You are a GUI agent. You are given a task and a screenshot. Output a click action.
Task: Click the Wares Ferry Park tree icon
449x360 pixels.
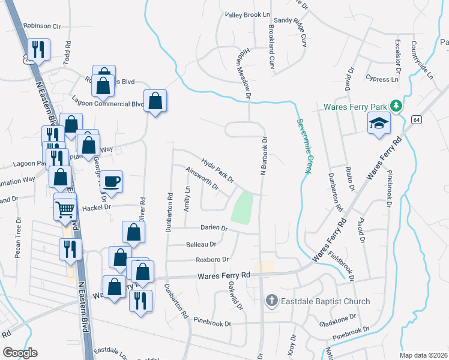pyautogui.click(x=396, y=106)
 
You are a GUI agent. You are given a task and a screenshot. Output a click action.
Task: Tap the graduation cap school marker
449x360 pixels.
pyautogui.click(x=378, y=124)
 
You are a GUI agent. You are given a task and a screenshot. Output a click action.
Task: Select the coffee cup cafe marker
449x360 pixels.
pyautogui.click(x=111, y=181)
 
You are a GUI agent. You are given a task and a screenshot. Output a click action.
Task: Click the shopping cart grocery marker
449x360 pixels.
pyautogui.click(x=65, y=209)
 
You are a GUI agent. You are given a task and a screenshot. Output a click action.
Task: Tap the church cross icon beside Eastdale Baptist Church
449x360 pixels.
pyautogui.click(x=271, y=301)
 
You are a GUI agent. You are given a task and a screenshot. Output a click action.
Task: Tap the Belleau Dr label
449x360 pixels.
pyautogui.click(x=201, y=244)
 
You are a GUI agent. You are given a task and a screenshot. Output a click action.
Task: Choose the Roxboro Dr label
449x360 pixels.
pyautogui.click(x=212, y=259)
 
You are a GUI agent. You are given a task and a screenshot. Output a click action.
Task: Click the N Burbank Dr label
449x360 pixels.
pyautogui.click(x=263, y=157)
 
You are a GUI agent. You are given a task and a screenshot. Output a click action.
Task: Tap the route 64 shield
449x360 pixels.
pyautogui.click(x=415, y=120)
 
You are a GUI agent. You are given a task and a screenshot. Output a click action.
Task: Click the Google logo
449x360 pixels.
pyautogui.click(x=20, y=352)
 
